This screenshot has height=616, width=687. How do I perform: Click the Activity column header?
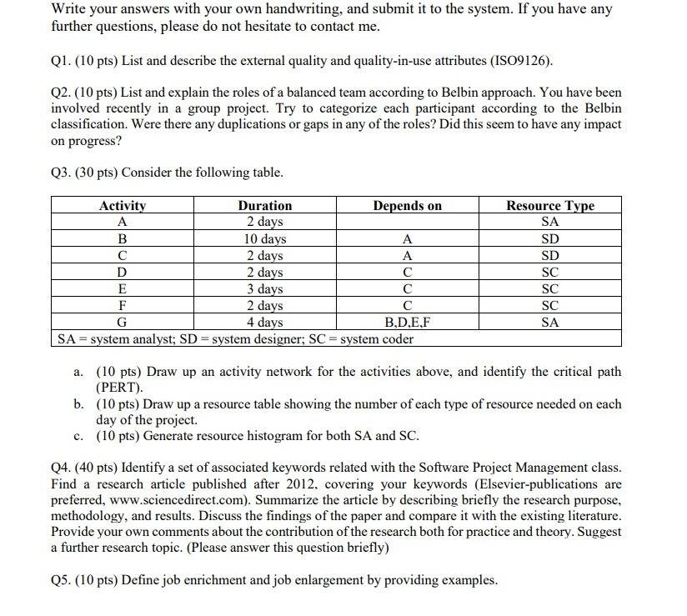pyautogui.click(x=123, y=206)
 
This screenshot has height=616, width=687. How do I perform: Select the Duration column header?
pyautogui.click(x=265, y=206)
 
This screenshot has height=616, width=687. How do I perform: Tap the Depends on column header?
pyautogui.click(x=407, y=206)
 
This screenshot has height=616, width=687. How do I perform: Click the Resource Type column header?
pyautogui.click(x=549, y=206)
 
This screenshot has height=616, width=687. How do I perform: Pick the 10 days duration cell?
pyautogui.click(x=265, y=239)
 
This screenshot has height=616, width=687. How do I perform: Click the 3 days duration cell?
pyautogui.click(x=265, y=289)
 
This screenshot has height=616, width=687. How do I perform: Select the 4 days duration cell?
pyautogui.click(x=265, y=323)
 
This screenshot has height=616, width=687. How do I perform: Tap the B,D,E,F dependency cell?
pyautogui.click(x=407, y=323)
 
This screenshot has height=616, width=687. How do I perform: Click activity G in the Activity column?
pyautogui.click(x=123, y=323)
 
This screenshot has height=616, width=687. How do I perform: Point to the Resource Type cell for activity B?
pyautogui.click(x=549, y=239)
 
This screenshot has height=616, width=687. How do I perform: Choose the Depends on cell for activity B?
pyautogui.click(x=407, y=239)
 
